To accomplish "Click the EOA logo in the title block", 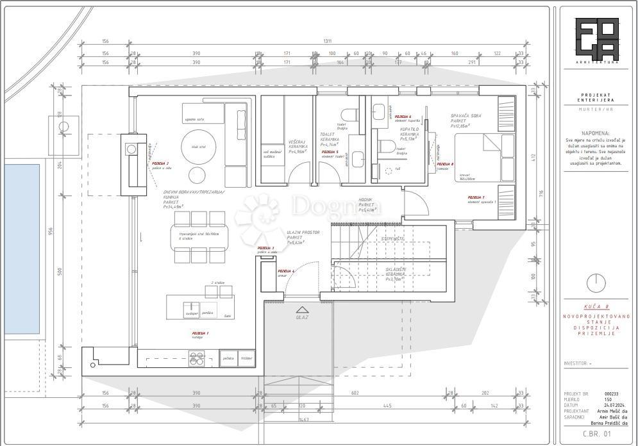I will [x=597, y=40].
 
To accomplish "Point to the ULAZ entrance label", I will [x=301, y=317].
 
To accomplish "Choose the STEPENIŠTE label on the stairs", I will [x=392, y=238].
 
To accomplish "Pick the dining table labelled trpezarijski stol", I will [x=199, y=235].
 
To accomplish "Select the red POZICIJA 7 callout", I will [x=475, y=197].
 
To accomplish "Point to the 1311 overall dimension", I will [x=328, y=41].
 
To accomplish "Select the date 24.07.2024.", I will [x=612, y=405].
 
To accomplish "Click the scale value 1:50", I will [x=607, y=399].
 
